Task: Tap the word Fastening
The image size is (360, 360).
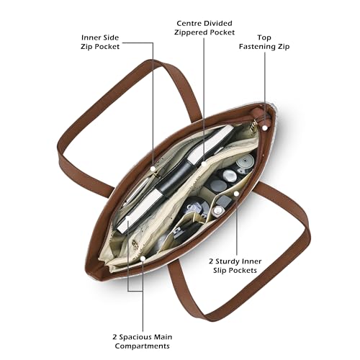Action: (x=257, y=47)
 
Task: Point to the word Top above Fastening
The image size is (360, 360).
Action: (x=264, y=37)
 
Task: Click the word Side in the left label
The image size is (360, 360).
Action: (x=109, y=37)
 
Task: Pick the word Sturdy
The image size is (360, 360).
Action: (x=228, y=261)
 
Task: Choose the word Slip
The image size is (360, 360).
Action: (x=220, y=271)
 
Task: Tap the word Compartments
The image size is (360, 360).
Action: (x=142, y=346)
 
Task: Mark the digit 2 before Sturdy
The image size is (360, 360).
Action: (x=211, y=261)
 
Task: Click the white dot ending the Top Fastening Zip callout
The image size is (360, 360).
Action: (x=265, y=128)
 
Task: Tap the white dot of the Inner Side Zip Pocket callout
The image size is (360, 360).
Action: (x=153, y=168)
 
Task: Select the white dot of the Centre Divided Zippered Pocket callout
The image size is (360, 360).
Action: (x=204, y=164)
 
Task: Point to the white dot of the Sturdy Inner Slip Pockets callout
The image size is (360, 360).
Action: (x=236, y=194)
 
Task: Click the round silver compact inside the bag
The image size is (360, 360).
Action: (x=245, y=161)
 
